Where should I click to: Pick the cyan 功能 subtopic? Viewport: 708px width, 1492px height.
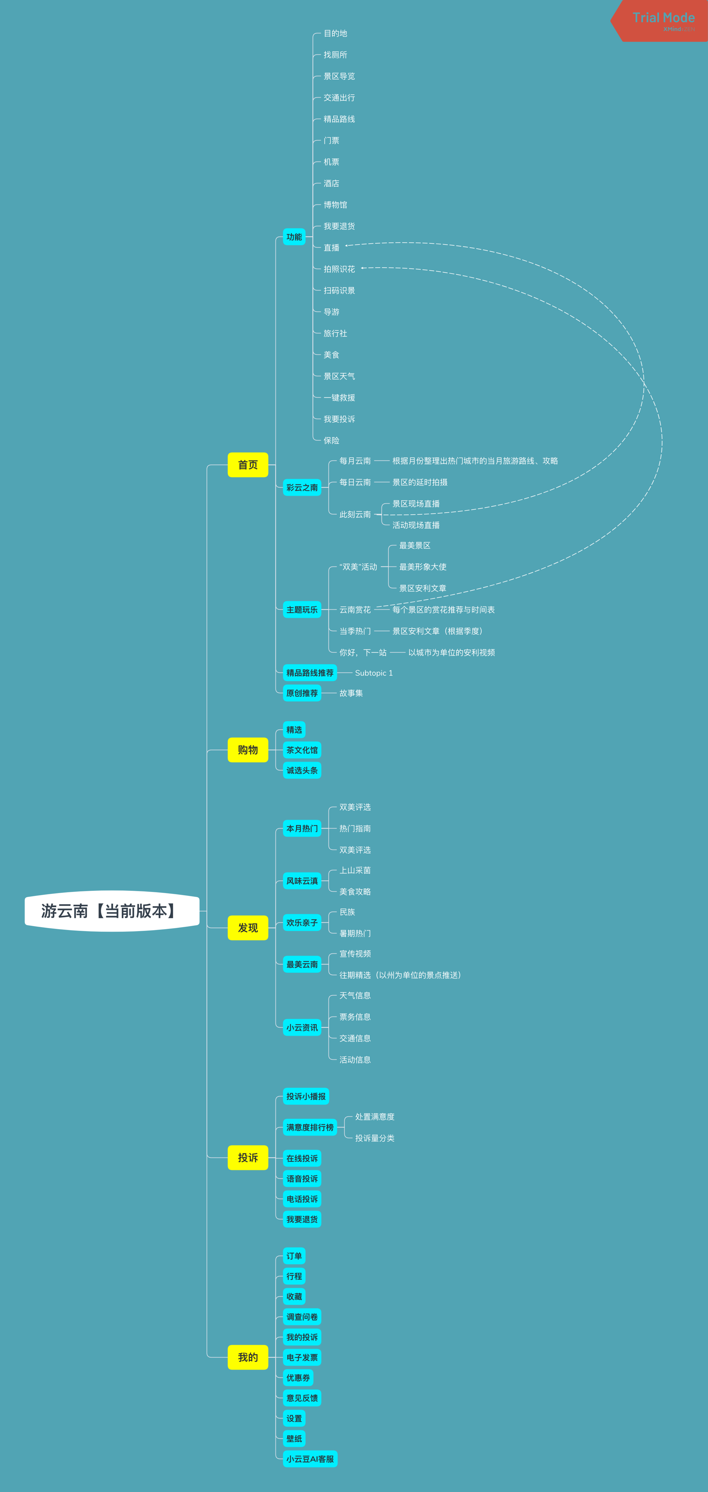coord(294,237)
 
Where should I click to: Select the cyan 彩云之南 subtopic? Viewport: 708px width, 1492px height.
coord(302,488)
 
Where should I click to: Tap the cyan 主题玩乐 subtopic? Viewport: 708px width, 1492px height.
coord(302,610)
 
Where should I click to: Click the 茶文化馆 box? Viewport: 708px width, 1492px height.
coord(302,750)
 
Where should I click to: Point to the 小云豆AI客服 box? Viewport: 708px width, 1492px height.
coord(310,1459)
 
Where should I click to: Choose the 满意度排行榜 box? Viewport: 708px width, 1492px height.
coord(310,1127)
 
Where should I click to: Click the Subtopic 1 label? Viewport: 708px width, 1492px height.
coord(374,673)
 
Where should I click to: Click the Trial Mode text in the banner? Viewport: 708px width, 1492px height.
coord(663,17)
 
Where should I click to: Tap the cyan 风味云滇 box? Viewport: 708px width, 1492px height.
coord(302,881)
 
